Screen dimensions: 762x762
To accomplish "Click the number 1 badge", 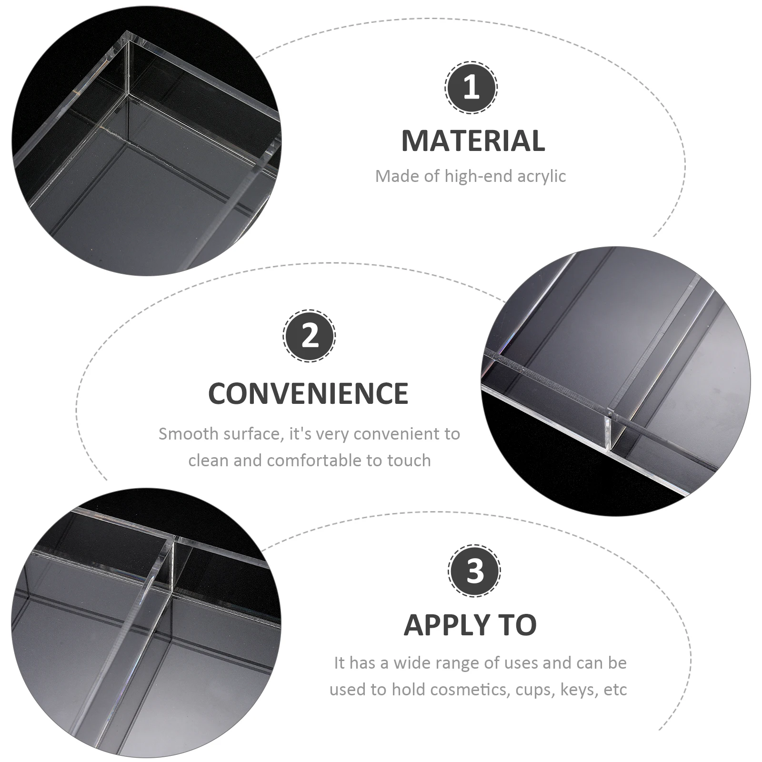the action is click(x=471, y=88).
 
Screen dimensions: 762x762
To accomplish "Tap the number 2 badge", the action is click(x=309, y=336).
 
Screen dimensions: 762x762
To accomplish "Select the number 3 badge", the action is click(x=474, y=571).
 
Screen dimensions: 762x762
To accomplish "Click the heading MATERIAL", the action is click(x=473, y=140).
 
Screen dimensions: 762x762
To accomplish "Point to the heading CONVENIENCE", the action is click(x=309, y=393).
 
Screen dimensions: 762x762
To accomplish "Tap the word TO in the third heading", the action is click(x=516, y=625).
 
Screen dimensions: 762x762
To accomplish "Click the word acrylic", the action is click(x=541, y=177).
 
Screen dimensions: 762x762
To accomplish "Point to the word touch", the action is click(x=409, y=461).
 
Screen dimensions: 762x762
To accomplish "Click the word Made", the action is click(x=391, y=176).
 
